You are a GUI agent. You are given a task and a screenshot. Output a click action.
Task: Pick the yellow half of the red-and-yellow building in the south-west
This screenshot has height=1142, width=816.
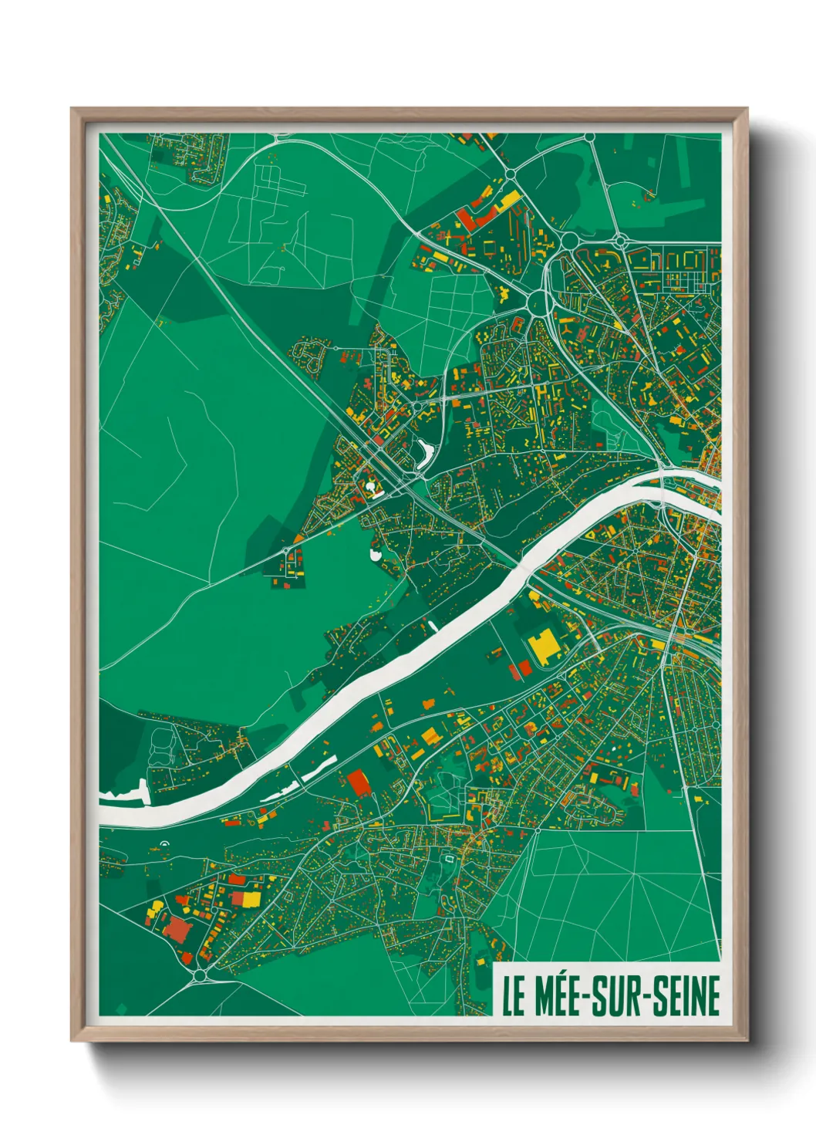[x=251, y=900]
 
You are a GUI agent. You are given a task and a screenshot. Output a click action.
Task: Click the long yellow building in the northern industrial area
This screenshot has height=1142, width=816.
[x=508, y=202]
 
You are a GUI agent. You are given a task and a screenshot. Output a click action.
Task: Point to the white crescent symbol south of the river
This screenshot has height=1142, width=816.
[x=163, y=844]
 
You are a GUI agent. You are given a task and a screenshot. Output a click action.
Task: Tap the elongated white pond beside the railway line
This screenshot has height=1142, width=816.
[x=423, y=453]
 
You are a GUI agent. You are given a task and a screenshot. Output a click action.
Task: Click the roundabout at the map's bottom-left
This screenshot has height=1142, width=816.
[x=201, y=976]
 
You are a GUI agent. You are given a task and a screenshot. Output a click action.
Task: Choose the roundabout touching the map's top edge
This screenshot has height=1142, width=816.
[x=589, y=137]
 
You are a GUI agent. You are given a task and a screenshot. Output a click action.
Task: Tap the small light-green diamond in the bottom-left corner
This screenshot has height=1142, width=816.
[x=120, y=1008]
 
